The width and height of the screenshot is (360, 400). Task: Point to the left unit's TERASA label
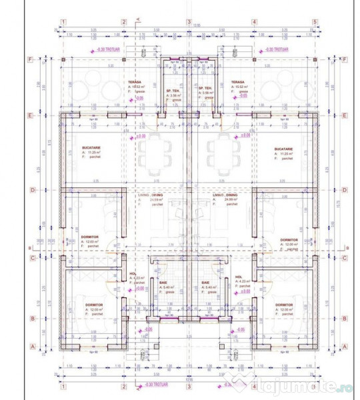(135, 82)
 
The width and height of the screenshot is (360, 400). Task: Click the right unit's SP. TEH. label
(205, 90)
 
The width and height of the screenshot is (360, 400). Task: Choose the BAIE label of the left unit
(163, 283)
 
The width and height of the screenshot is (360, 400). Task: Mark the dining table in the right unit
(219, 153)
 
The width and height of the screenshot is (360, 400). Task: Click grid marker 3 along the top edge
(189, 21)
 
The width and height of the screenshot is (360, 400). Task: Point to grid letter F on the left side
(29, 59)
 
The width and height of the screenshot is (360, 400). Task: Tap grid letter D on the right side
(344, 190)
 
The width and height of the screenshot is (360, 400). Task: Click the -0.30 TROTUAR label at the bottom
(153, 385)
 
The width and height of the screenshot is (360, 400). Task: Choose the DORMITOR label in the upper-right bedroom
(289, 240)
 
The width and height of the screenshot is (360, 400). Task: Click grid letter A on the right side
(344, 346)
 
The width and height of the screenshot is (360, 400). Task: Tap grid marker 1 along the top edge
(63, 21)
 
